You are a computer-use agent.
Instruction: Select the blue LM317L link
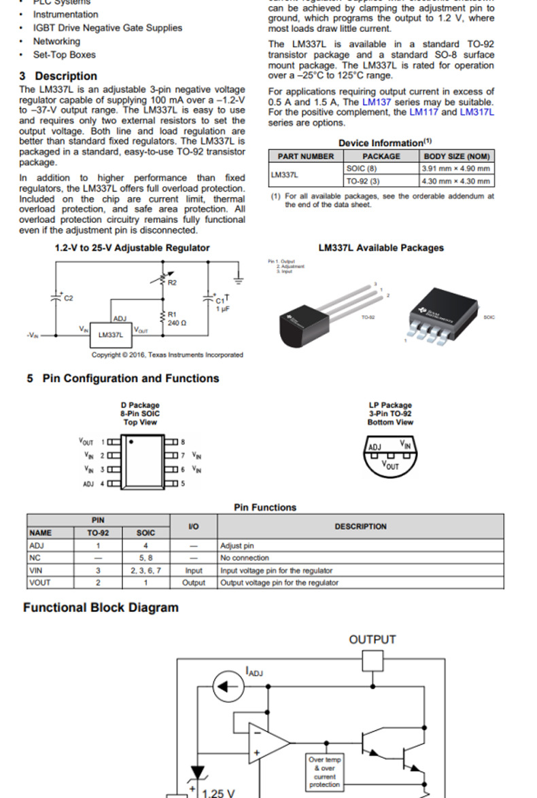(477, 112)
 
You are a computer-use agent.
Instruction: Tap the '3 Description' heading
(58, 76)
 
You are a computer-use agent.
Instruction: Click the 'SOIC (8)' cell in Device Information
(362, 168)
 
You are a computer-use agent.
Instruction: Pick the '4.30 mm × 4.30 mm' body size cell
(456, 181)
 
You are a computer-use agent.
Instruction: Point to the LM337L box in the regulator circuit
(111, 334)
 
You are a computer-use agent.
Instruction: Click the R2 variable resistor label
(172, 282)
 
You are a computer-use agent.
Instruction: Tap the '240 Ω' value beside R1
(177, 323)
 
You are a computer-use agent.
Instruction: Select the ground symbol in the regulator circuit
(239, 278)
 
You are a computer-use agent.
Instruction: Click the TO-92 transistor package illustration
(319, 316)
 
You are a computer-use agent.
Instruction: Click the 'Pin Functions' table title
(265, 507)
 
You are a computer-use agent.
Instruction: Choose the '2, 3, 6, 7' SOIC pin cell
(145, 570)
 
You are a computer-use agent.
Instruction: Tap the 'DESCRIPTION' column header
(360, 526)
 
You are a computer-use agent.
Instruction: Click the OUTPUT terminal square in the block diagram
(373, 661)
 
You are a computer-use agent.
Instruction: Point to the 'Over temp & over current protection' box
(324, 772)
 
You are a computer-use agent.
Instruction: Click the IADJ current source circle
(228, 687)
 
